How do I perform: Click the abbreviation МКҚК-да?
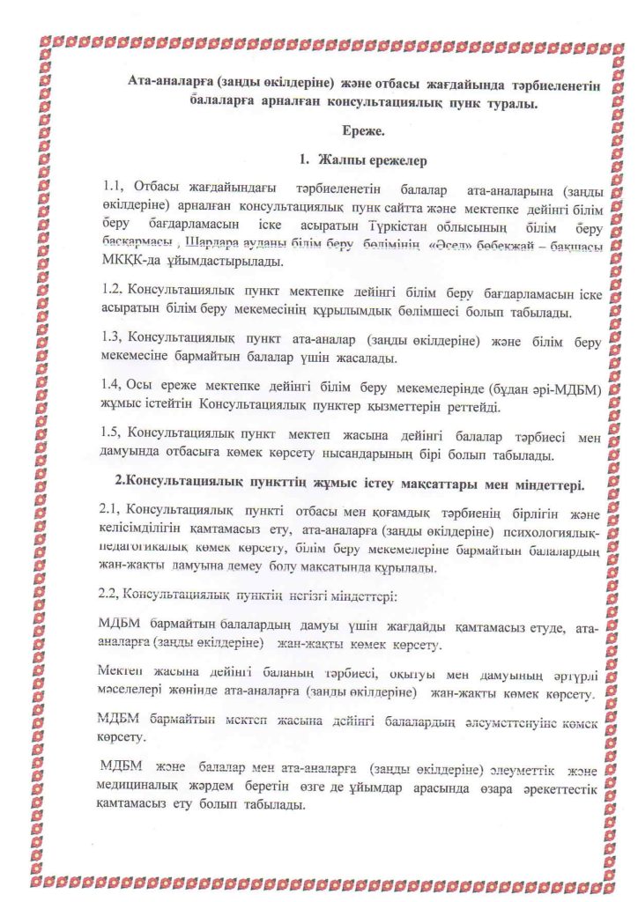pos(132,262)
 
